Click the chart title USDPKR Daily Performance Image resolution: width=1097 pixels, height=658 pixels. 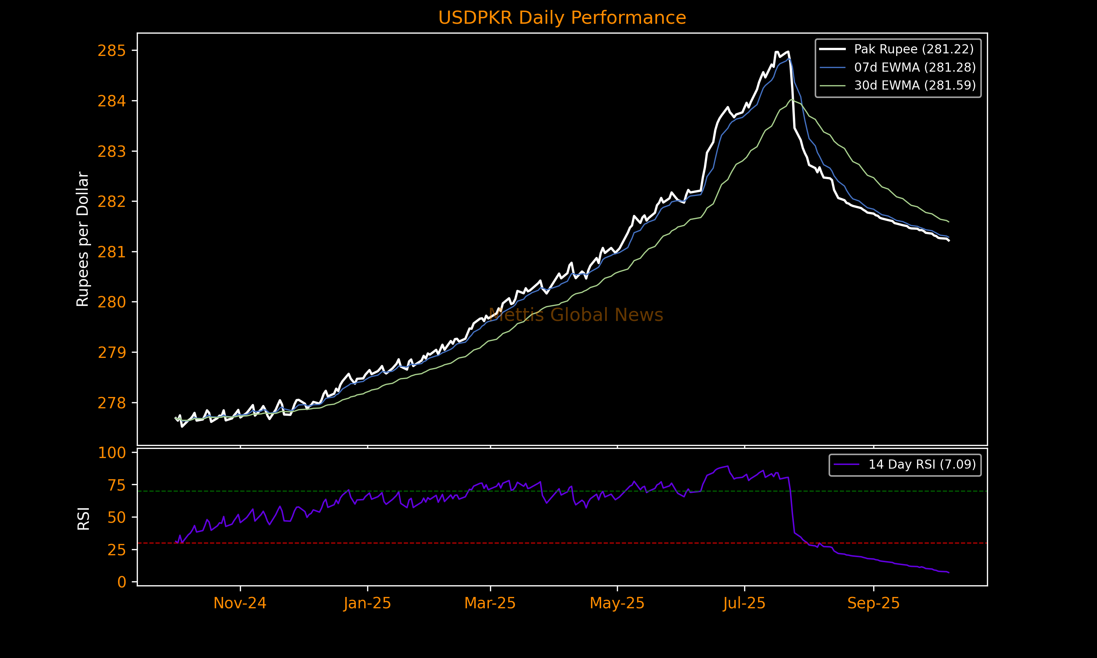coord(562,18)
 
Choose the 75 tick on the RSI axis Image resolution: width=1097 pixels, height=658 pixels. coord(116,485)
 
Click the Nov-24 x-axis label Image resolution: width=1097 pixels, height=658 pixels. coord(240,604)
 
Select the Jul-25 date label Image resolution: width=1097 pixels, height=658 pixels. coord(744,604)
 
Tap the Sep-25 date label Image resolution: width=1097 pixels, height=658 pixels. coord(873,604)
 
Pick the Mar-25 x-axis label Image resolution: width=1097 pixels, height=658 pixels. coord(490,604)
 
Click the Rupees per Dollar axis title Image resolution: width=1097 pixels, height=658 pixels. coord(83,239)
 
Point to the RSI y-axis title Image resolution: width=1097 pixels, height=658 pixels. coord(83,518)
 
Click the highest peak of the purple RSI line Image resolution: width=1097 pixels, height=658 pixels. coord(728,466)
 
